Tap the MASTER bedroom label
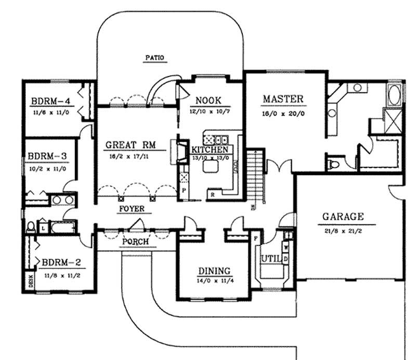click(283, 99)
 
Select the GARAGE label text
click(343, 217)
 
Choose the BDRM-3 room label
click(47, 155)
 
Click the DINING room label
click(214, 271)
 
